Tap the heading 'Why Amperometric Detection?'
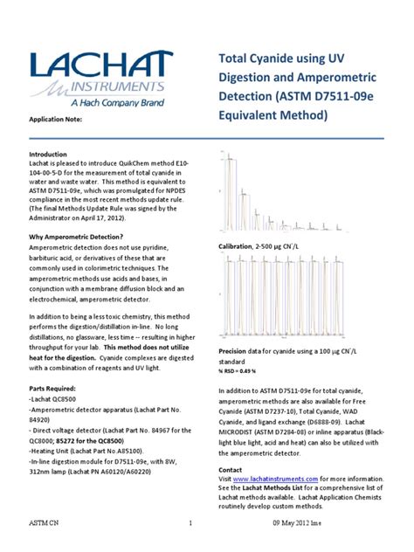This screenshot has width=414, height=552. (x=77, y=238)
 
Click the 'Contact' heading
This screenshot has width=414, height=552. (x=231, y=469)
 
